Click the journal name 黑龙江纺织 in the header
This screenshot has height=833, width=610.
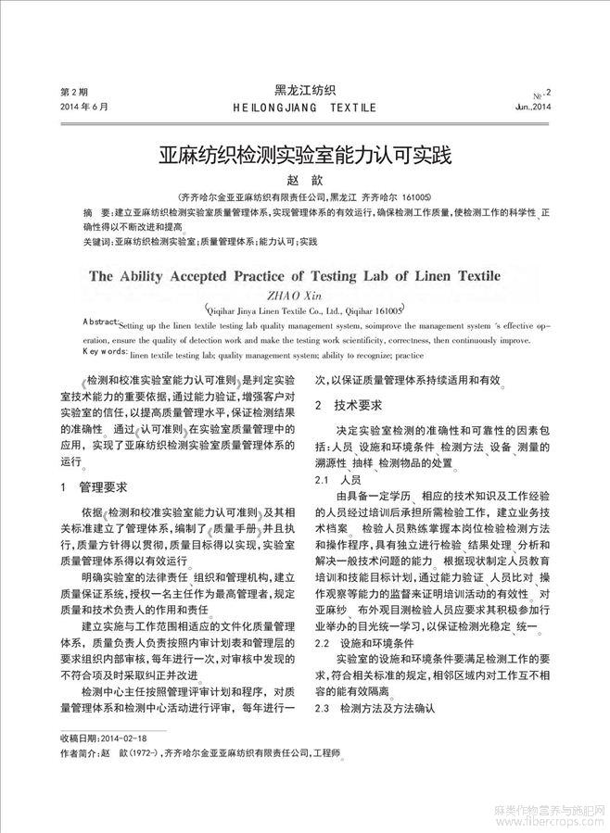coord(305,90)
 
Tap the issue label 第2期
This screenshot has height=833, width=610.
coord(73,93)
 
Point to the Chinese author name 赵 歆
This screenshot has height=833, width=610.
coord(304,179)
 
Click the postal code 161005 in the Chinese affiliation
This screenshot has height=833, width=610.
coord(413,197)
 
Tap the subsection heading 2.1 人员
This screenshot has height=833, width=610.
coord(338,481)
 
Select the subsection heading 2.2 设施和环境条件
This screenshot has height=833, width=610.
coord(367,642)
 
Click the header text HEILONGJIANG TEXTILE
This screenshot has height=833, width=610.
coord(305,107)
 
